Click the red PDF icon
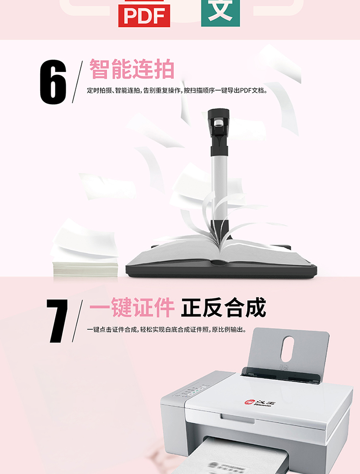(x=144, y=13)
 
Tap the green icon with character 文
(x=220, y=12)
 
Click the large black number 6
(x=53, y=82)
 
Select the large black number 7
(x=57, y=321)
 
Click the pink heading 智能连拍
(x=132, y=69)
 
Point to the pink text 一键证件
(x=132, y=308)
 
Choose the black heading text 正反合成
(x=224, y=308)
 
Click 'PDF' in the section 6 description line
(x=246, y=90)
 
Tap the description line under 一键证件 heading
(x=167, y=330)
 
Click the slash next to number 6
(x=77, y=82)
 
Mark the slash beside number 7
(x=77, y=321)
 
